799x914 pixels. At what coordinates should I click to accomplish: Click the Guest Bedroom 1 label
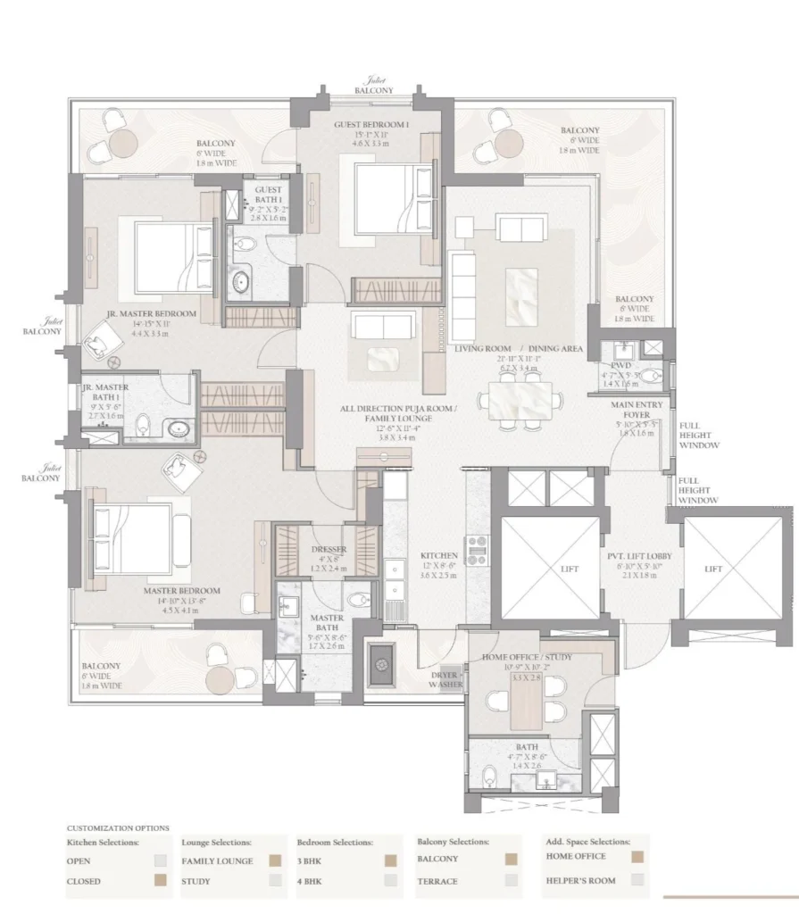point(371,125)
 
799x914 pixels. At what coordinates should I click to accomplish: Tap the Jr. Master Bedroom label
point(151,314)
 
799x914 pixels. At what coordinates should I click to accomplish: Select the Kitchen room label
point(438,555)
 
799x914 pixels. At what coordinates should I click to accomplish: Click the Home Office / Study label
point(527,658)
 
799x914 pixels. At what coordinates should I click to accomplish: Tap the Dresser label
point(329,550)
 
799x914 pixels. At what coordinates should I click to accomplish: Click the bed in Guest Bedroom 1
point(386,198)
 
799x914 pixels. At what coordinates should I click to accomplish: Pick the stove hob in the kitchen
point(475,550)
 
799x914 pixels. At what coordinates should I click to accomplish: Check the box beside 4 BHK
point(390,880)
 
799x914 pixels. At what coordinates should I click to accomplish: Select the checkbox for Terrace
point(511,880)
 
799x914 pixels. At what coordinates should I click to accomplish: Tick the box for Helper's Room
point(638,878)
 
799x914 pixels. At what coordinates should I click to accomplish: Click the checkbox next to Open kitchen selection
point(160,861)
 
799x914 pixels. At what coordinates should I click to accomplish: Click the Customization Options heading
point(118,828)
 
